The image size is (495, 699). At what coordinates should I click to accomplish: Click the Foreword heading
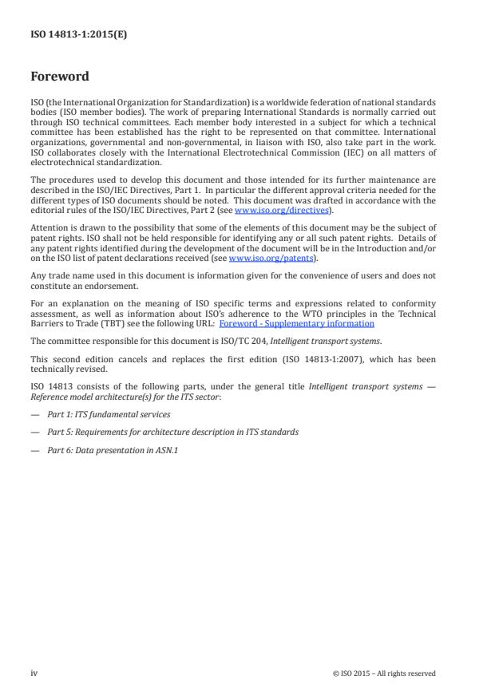pyautogui.click(x=59, y=77)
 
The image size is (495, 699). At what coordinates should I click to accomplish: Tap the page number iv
pyautogui.click(x=34, y=673)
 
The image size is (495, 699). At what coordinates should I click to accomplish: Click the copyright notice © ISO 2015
pyautogui.click(x=384, y=673)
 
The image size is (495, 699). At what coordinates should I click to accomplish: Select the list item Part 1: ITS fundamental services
pyautogui.click(x=109, y=414)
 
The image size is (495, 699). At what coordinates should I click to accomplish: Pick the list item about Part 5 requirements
pyautogui.click(x=172, y=432)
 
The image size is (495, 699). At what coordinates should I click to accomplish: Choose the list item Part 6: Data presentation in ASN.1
pyautogui.click(x=120, y=450)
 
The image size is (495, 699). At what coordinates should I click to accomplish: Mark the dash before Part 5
pyautogui.click(x=35, y=432)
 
